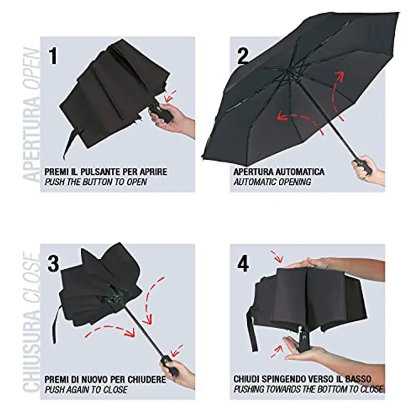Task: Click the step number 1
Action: coord(53,56)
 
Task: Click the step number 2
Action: coord(243,55)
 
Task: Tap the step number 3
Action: coord(54,263)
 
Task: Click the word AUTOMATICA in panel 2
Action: coord(299,172)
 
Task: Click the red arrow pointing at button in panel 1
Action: coord(170,97)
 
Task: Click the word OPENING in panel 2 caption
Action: coord(295,182)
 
